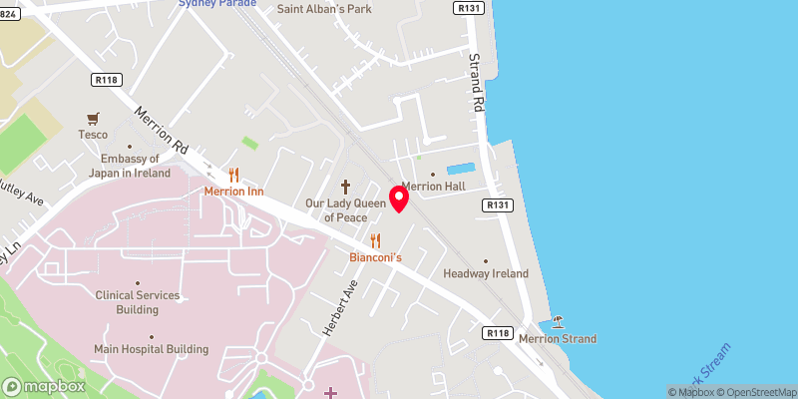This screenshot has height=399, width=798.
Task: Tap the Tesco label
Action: pyautogui.click(x=93, y=134)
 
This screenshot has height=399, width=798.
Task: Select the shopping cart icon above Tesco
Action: pyautogui.click(x=93, y=117)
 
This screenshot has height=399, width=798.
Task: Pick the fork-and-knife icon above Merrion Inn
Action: pyautogui.click(x=233, y=175)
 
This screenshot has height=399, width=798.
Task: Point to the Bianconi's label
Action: pyautogui.click(x=375, y=257)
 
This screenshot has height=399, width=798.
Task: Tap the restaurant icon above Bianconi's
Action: pyautogui.click(x=375, y=240)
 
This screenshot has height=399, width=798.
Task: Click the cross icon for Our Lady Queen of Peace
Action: pyautogui.click(x=346, y=187)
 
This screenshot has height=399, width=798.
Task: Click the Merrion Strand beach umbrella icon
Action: pyautogui.click(x=558, y=322)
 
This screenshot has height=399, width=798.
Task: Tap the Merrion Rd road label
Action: pyautogui.click(x=161, y=131)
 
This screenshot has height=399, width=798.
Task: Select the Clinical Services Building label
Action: pyautogui.click(x=138, y=302)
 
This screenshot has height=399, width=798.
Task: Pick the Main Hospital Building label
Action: pyautogui.click(x=151, y=349)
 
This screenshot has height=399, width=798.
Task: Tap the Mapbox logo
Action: pyautogui.click(x=44, y=386)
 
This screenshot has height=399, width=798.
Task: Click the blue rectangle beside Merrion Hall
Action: pyautogui.click(x=461, y=170)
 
